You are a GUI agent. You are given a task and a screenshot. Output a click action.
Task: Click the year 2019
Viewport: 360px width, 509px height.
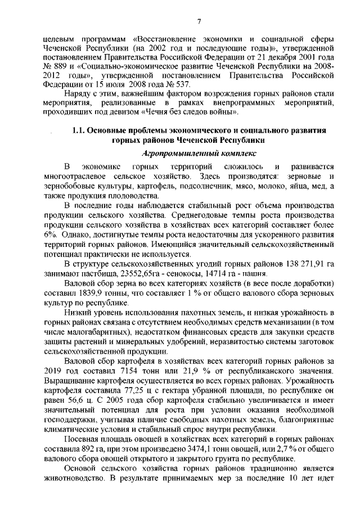54,371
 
